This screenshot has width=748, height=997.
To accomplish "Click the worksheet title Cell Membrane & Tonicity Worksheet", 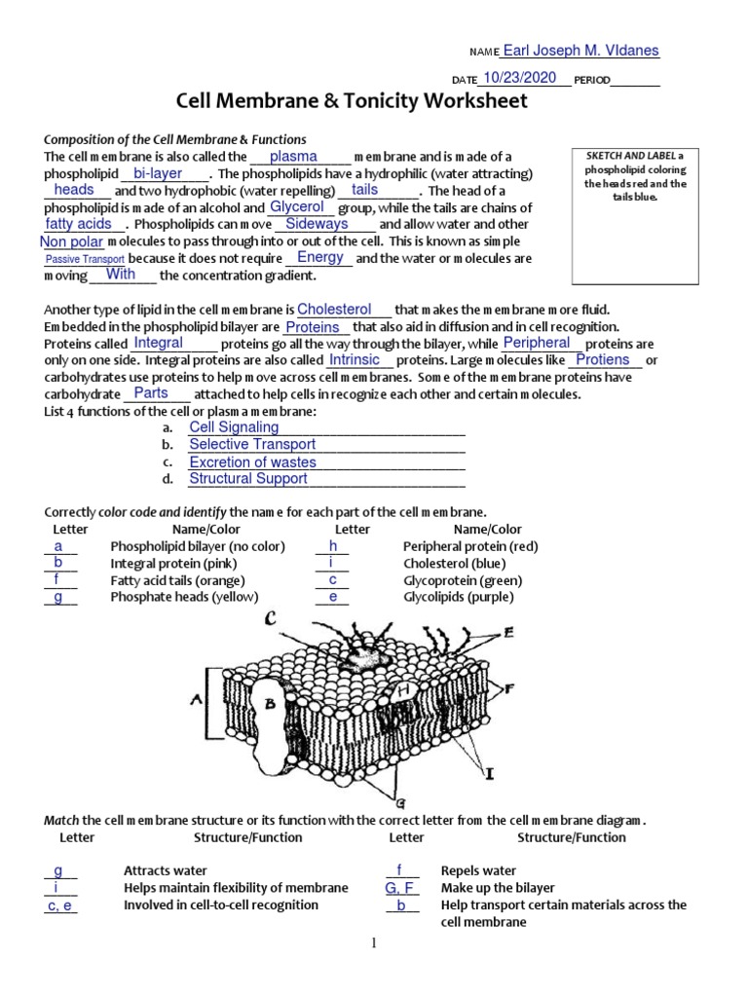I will point(351,101).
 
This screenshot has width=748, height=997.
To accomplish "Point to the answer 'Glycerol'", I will point(297,207).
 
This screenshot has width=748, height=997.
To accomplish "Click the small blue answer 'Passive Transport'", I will point(85,259).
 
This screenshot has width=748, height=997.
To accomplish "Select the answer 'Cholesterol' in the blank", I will point(334,309).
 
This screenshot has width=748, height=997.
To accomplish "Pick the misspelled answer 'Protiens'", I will point(603,360).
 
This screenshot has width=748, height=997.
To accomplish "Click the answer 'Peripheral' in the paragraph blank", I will point(537,343).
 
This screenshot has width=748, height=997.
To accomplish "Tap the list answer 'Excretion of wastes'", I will point(252,462).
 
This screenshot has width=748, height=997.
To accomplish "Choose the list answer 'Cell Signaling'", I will point(234,427).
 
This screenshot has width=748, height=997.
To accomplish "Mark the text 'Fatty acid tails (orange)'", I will point(170,580).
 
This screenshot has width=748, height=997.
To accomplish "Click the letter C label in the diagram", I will point(270,618).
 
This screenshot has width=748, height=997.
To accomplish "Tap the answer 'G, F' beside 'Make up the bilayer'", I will point(401,888).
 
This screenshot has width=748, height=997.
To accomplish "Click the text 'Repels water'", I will point(478,871).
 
